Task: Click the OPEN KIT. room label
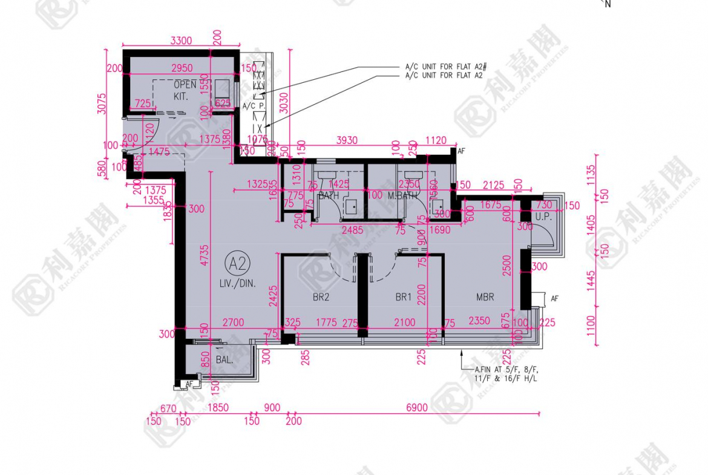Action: (185, 90)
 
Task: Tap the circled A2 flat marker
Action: (238, 264)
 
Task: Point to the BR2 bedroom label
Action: (320, 297)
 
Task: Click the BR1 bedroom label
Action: (403, 297)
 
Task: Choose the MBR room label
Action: (485, 297)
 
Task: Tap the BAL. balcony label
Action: (211, 359)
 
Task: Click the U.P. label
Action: (543, 216)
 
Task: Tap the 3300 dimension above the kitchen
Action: (181, 41)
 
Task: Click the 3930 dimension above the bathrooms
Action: (347, 140)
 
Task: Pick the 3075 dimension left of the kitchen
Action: (101, 103)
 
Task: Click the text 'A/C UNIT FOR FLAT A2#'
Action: (447, 67)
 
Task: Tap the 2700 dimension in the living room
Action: (232, 323)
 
